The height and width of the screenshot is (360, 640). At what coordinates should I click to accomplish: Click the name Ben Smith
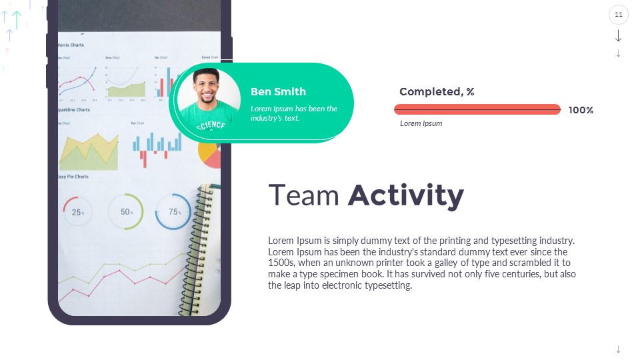(x=278, y=92)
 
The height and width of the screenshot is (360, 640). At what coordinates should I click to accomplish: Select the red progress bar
(x=477, y=109)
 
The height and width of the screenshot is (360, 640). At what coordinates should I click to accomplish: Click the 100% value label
(x=581, y=110)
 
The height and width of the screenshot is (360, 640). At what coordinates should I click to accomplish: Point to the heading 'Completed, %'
(x=437, y=92)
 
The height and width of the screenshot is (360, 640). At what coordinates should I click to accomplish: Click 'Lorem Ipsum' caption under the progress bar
(x=421, y=123)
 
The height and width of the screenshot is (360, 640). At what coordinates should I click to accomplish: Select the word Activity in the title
(x=405, y=196)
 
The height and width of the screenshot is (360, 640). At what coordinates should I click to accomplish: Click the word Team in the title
(x=303, y=196)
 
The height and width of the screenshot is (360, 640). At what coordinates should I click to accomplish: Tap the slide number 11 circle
(x=619, y=15)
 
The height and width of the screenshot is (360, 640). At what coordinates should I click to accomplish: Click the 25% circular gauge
(x=78, y=212)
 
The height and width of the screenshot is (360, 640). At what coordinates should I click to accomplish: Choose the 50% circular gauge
(x=125, y=212)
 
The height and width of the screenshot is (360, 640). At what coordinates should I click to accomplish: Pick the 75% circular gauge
(x=173, y=212)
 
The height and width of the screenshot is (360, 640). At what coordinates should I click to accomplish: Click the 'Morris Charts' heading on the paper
(x=71, y=45)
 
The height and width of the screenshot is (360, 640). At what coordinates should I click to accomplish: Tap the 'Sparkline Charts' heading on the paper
(x=73, y=110)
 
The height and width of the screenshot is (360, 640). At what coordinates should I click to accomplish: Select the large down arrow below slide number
(x=619, y=35)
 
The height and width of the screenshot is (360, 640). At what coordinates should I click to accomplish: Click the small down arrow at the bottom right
(x=619, y=349)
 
